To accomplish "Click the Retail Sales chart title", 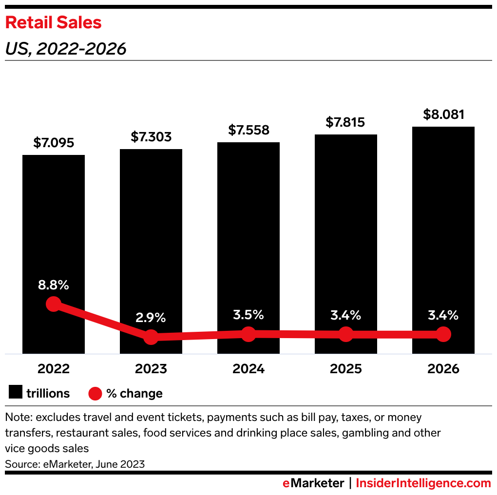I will click(x=53, y=22).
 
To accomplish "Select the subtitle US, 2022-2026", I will click(x=66, y=49).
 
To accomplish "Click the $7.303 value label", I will click(x=151, y=137).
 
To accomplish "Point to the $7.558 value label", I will click(x=248, y=130).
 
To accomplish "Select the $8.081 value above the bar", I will click(x=443, y=114).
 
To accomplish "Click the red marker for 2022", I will click(x=54, y=305).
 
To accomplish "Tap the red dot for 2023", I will click(x=151, y=337).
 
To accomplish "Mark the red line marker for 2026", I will click(x=443, y=334).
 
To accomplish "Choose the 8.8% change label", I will click(x=54, y=286).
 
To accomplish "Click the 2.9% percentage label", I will click(x=151, y=318).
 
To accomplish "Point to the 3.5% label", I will click(x=248, y=315).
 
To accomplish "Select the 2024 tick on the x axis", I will click(x=248, y=369).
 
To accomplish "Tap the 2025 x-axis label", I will click(x=345, y=369).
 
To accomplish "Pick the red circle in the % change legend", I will click(x=96, y=393).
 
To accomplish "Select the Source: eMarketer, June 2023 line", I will click(x=75, y=464).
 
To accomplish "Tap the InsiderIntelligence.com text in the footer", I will click(x=423, y=483).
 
